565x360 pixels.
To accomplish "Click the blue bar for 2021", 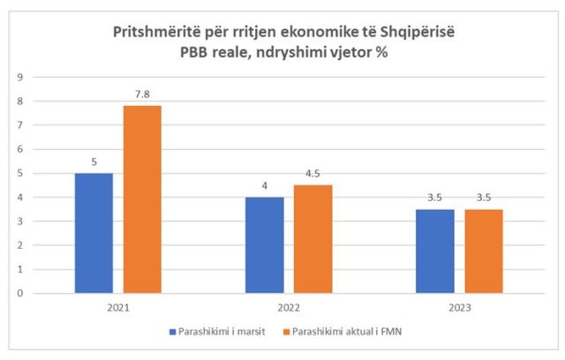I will [x=94, y=233].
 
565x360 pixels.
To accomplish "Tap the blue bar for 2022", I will [x=264, y=245].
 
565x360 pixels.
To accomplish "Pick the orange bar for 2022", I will [x=313, y=239].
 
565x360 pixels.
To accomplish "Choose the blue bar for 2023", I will [x=434, y=251].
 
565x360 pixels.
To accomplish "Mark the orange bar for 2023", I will [x=484, y=251].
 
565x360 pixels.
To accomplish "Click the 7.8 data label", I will [x=143, y=94].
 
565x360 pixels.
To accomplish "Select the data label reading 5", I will [x=94, y=161].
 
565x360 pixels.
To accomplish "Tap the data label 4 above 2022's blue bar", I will [x=264, y=186].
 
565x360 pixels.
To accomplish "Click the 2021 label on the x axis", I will [x=117, y=307].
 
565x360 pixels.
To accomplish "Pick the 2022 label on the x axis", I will [x=288, y=307].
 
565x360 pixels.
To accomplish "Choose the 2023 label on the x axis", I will [x=459, y=307].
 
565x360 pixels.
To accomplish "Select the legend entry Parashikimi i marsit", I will [x=218, y=332].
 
